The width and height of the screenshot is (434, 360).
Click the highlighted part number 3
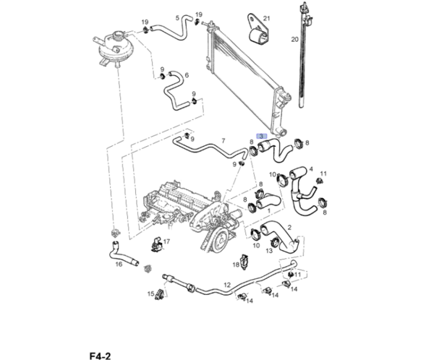[263, 135]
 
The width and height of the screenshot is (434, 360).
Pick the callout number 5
[187, 75]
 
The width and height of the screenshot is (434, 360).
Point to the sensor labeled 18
[244, 261]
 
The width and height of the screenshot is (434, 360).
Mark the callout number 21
[266, 17]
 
